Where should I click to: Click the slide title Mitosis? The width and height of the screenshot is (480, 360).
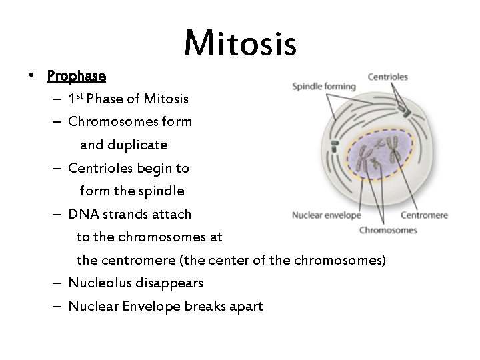240,43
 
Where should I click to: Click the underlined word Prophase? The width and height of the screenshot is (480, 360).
76,75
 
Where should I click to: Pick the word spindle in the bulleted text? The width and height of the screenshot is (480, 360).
160,191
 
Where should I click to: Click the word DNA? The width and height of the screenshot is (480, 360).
82,214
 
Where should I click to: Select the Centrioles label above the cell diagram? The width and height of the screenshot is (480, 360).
388,77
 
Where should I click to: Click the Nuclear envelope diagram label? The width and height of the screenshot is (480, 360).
327,215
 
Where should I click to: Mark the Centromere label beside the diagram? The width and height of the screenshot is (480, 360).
424,215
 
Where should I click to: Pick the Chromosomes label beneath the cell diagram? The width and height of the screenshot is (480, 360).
388,230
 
